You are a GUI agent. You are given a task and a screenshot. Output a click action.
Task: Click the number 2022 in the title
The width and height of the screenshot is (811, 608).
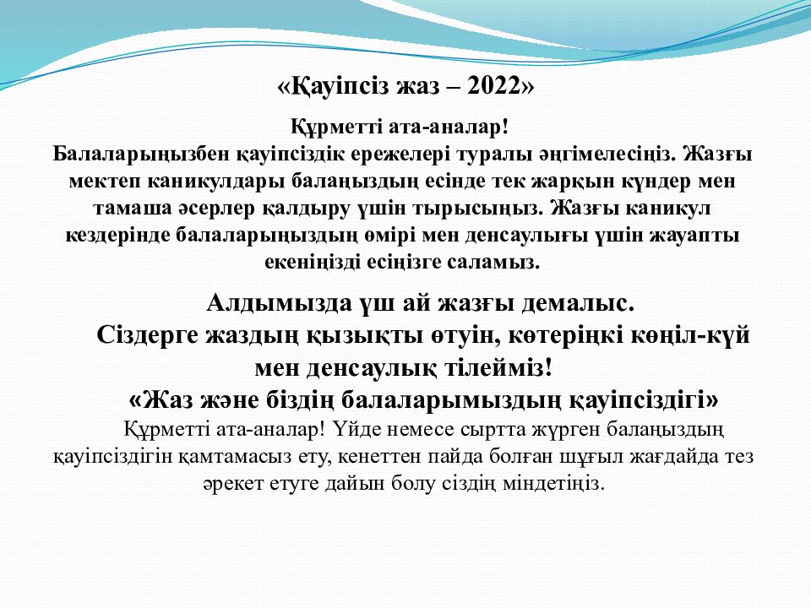coord(493,86)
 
